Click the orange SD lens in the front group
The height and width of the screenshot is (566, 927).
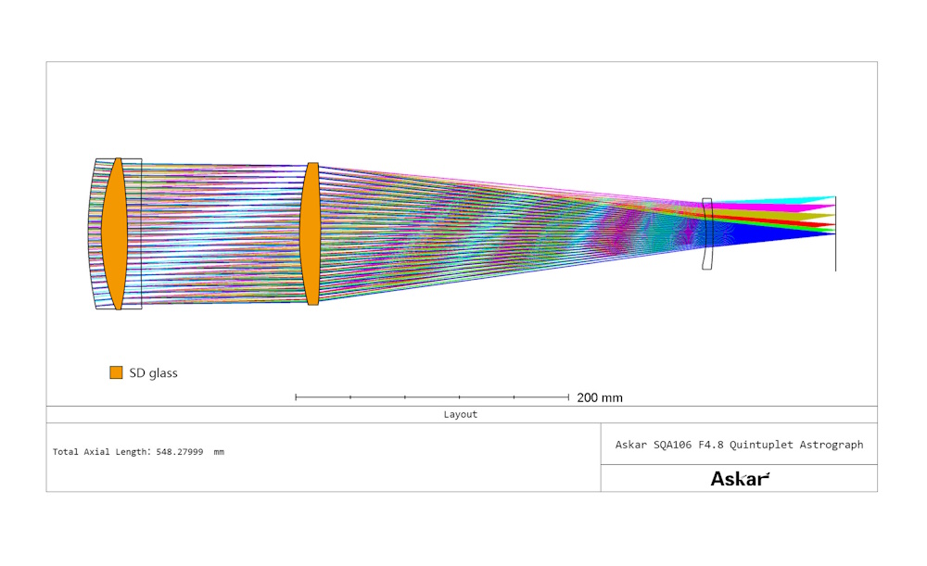(114, 233)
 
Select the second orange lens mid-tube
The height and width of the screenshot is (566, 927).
(310, 234)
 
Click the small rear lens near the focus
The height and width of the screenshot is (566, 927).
(707, 234)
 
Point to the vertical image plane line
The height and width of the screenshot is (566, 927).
(835, 234)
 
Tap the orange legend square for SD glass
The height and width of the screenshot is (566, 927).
(116, 372)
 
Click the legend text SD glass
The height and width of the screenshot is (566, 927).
(153, 372)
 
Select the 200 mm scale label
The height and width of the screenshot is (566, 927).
(600, 397)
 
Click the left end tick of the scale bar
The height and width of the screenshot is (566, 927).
(296, 397)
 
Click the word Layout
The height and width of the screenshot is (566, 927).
(461, 414)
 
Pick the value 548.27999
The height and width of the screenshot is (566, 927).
(180, 452)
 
